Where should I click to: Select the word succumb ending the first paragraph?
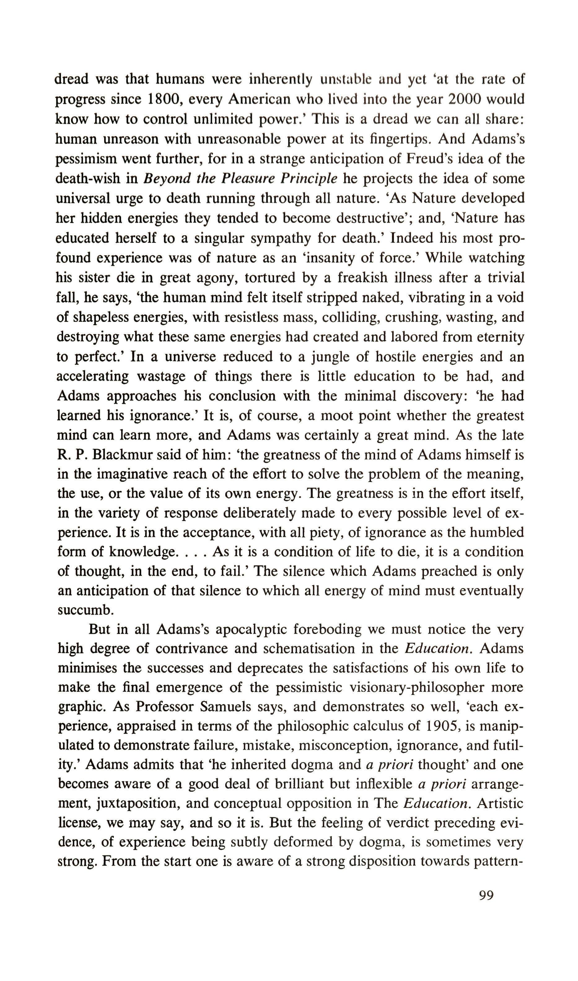coord(85,610)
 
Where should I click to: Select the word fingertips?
coord(397,139)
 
